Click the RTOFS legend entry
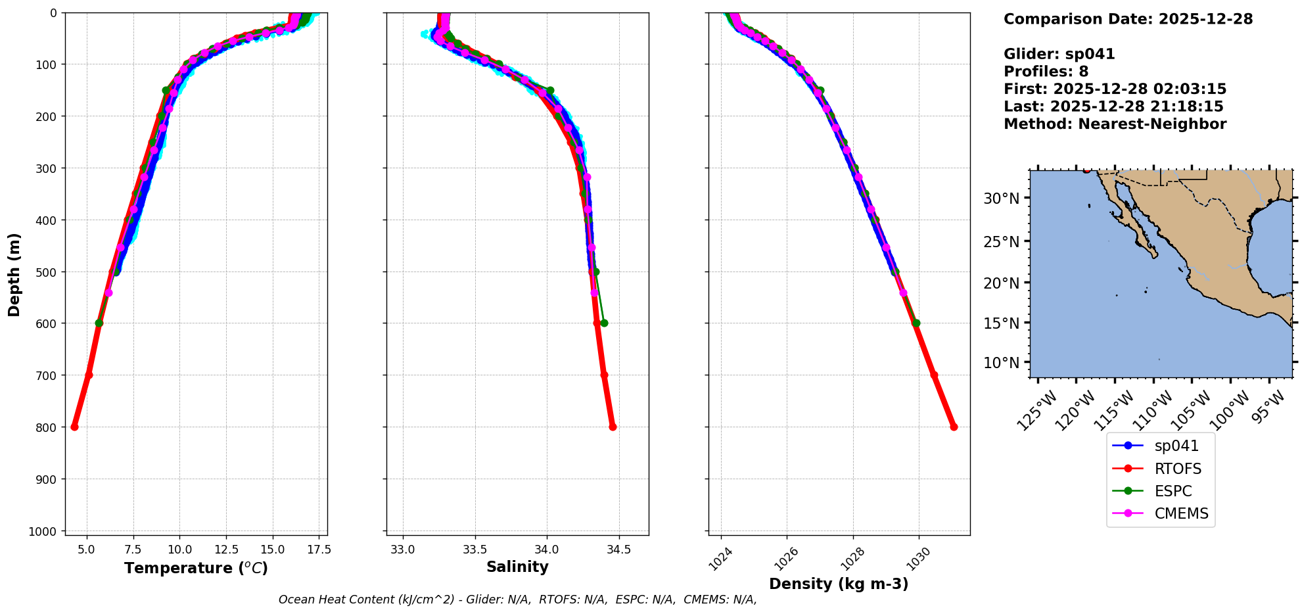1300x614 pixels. [x=1177, y=469]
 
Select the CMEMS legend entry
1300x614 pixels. [x=1181, y=513]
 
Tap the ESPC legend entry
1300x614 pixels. [x=1172, y=491]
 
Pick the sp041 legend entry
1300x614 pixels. [x=1176, y=446]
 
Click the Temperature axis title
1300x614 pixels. [x=196, y=568]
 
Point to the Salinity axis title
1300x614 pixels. [x=517, y=567]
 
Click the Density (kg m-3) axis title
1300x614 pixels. [x=839, y=584]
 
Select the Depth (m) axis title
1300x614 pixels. [x=14, y=274]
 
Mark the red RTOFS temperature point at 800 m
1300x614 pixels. [x=74, y=427]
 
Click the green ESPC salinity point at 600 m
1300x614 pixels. [x=604, y=323]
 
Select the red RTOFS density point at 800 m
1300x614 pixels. [x=954, y=427]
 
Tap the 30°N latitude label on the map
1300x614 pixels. [x=1001, y=199]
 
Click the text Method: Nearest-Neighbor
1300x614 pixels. [x=1115, y=124]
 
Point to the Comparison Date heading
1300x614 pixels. [x=1128, y=19]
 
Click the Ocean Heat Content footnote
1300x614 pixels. [x=517, y=600]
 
